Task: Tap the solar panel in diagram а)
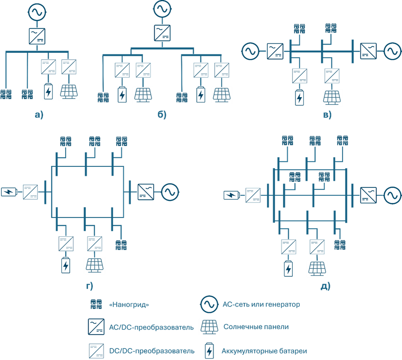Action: (x=69, y=91)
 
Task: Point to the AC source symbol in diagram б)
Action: (x=162, y=9)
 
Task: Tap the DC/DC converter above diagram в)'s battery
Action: (x=299, y=76)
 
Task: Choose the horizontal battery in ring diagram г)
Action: (x=9, y=192)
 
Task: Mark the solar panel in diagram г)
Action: (x=94, y=266)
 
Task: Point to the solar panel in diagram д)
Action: (x=317, y=269)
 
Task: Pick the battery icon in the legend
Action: (x=209, y=351)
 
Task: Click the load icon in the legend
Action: (x=96, y=304)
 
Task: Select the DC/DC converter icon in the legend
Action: (x=96, y=351)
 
